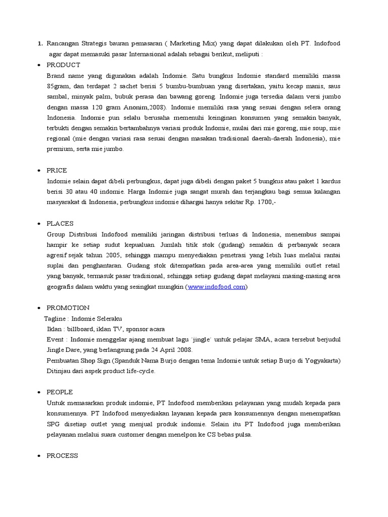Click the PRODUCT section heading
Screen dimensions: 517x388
coord(63,65)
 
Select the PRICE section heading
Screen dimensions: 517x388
coord(57,170)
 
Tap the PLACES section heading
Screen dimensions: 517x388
coord(60,223)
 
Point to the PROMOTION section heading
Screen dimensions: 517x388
coord(68,307)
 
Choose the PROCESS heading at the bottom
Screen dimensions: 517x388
coord(62,455)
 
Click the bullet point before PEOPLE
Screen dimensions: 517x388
coord(39,392)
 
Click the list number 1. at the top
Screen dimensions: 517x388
coord(40,44)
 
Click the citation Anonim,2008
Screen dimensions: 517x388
coord(149,108)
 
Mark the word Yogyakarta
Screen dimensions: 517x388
coord(321,360)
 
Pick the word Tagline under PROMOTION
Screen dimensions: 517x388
coord(56,319)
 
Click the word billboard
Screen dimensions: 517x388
coord(79,329)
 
